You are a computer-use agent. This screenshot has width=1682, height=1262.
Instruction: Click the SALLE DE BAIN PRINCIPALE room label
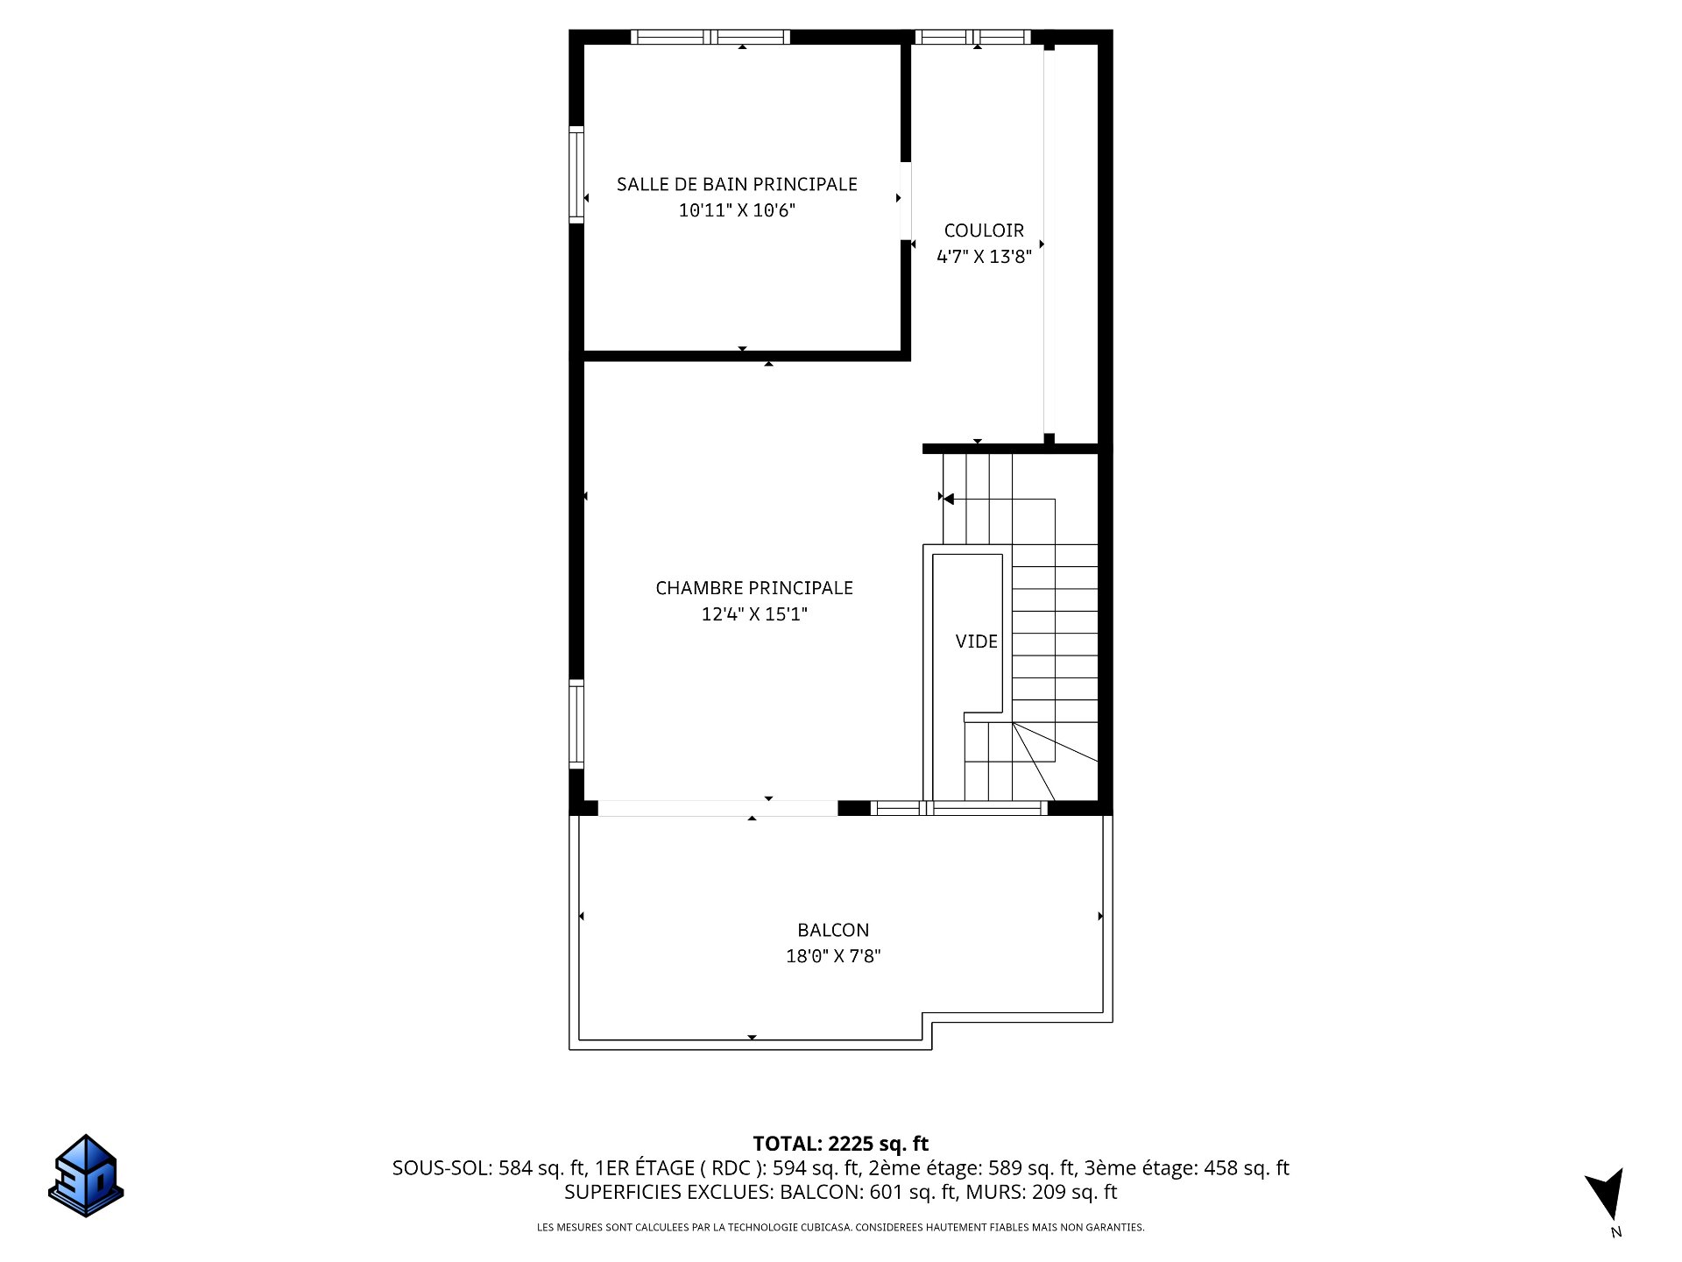coord(737,184)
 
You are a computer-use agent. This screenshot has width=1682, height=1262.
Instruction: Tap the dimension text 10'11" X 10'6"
coord(737,210)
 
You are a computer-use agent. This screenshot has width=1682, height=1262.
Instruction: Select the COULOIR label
coord(984,230)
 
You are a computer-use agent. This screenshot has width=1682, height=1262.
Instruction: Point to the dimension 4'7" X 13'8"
coord(984,257)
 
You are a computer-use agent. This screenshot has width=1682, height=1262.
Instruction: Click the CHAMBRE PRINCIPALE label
coord(754,588)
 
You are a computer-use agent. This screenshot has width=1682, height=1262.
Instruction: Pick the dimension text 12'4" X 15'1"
coord(754,614)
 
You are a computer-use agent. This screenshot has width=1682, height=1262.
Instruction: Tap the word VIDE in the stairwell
coord(976,642)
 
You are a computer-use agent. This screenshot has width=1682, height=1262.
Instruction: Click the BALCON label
coord(833,930)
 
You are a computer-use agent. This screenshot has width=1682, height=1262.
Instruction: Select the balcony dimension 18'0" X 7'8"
coord(833,956)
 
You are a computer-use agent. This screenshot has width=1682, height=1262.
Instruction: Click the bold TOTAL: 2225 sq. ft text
coord(841,1144)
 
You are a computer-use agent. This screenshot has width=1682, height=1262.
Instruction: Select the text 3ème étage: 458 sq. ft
coord(1187,1168)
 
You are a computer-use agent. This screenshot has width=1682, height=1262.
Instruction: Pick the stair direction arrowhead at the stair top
coord(949,499)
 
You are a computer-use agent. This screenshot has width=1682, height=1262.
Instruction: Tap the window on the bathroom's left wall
coord(576,174)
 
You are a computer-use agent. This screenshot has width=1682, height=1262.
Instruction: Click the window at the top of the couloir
coord(972,37)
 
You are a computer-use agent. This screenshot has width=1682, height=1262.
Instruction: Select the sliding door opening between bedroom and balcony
coord(718,808)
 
